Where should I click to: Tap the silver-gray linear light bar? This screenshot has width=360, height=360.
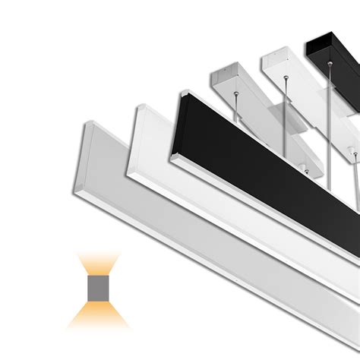(190, 228)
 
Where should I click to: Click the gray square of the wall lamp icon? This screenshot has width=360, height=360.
(99, 288)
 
